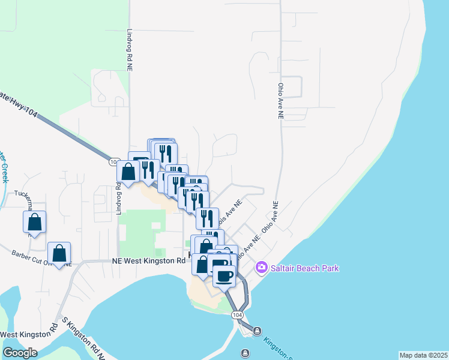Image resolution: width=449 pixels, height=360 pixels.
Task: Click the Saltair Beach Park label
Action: pos(305,268)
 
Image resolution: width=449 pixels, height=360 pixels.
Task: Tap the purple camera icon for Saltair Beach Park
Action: pos(261,267)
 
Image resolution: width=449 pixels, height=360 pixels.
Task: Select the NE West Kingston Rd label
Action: pos(149,261)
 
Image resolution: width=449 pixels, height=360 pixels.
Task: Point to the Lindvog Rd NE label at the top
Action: pos(129,51)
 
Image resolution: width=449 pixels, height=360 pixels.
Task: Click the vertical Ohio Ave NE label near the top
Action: pos(280,101)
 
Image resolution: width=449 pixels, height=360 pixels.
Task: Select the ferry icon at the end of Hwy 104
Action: pos(257,331)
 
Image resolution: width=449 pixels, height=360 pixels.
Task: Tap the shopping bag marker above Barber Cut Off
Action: pos(59,253)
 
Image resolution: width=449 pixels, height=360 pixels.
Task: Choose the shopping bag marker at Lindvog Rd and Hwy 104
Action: pos(128,172)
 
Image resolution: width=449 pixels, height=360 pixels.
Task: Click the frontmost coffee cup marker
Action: pos(224,276)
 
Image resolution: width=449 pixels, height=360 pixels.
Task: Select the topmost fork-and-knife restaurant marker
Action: pos(166,152)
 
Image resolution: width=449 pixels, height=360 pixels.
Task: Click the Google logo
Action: pos(20,353)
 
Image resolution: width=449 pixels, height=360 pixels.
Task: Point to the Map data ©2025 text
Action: pos(423,355)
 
